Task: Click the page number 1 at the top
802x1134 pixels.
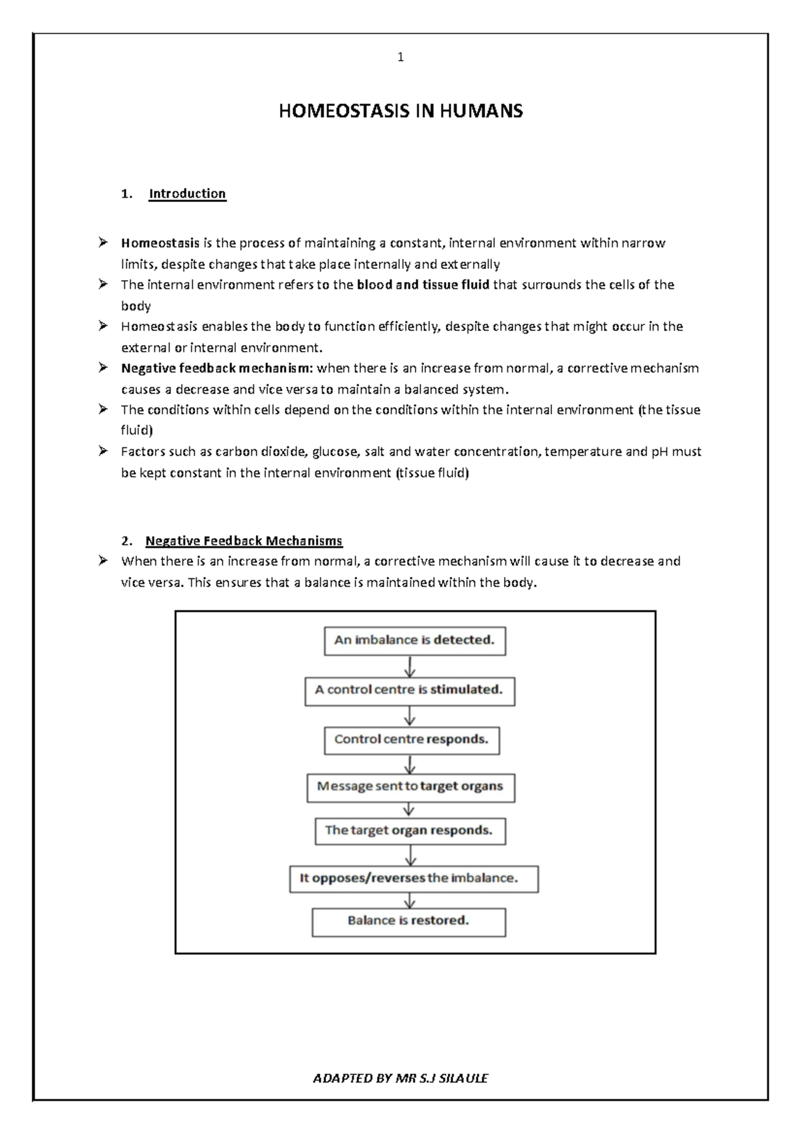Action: click(x=400, y=58)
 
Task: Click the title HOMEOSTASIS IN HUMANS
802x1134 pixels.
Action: click(x=400, y=111)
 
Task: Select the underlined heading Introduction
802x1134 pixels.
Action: click(x=187, y=194)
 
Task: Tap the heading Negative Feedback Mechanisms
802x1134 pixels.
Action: click(x=244, y=541)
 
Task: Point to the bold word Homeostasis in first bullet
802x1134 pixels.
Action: click(x=160, y=243)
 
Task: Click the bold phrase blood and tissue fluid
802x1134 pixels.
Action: click(x=423, y=285)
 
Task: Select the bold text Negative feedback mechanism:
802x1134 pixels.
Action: click(x=217, y=368)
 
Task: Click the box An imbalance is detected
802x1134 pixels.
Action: click(x=414, y=641)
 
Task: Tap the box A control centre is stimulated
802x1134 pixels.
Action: click(x=409, y=690)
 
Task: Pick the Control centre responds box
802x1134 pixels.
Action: click(x=412, y=740)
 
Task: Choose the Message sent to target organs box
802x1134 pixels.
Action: click(x=410, y=787)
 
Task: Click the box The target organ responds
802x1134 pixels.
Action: click(x=410, y=830)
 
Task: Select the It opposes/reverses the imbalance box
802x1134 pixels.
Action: click(x=414, y=879)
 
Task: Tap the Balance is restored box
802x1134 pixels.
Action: click(x=408, y=921)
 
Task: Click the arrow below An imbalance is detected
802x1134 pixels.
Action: click(x=410, y=666)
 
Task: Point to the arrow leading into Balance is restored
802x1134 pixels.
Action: click(x=410, y=900)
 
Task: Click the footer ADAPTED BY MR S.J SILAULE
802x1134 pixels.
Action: click(x=400, y=1078)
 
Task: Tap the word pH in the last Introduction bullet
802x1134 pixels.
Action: click(x=659, y=452)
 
